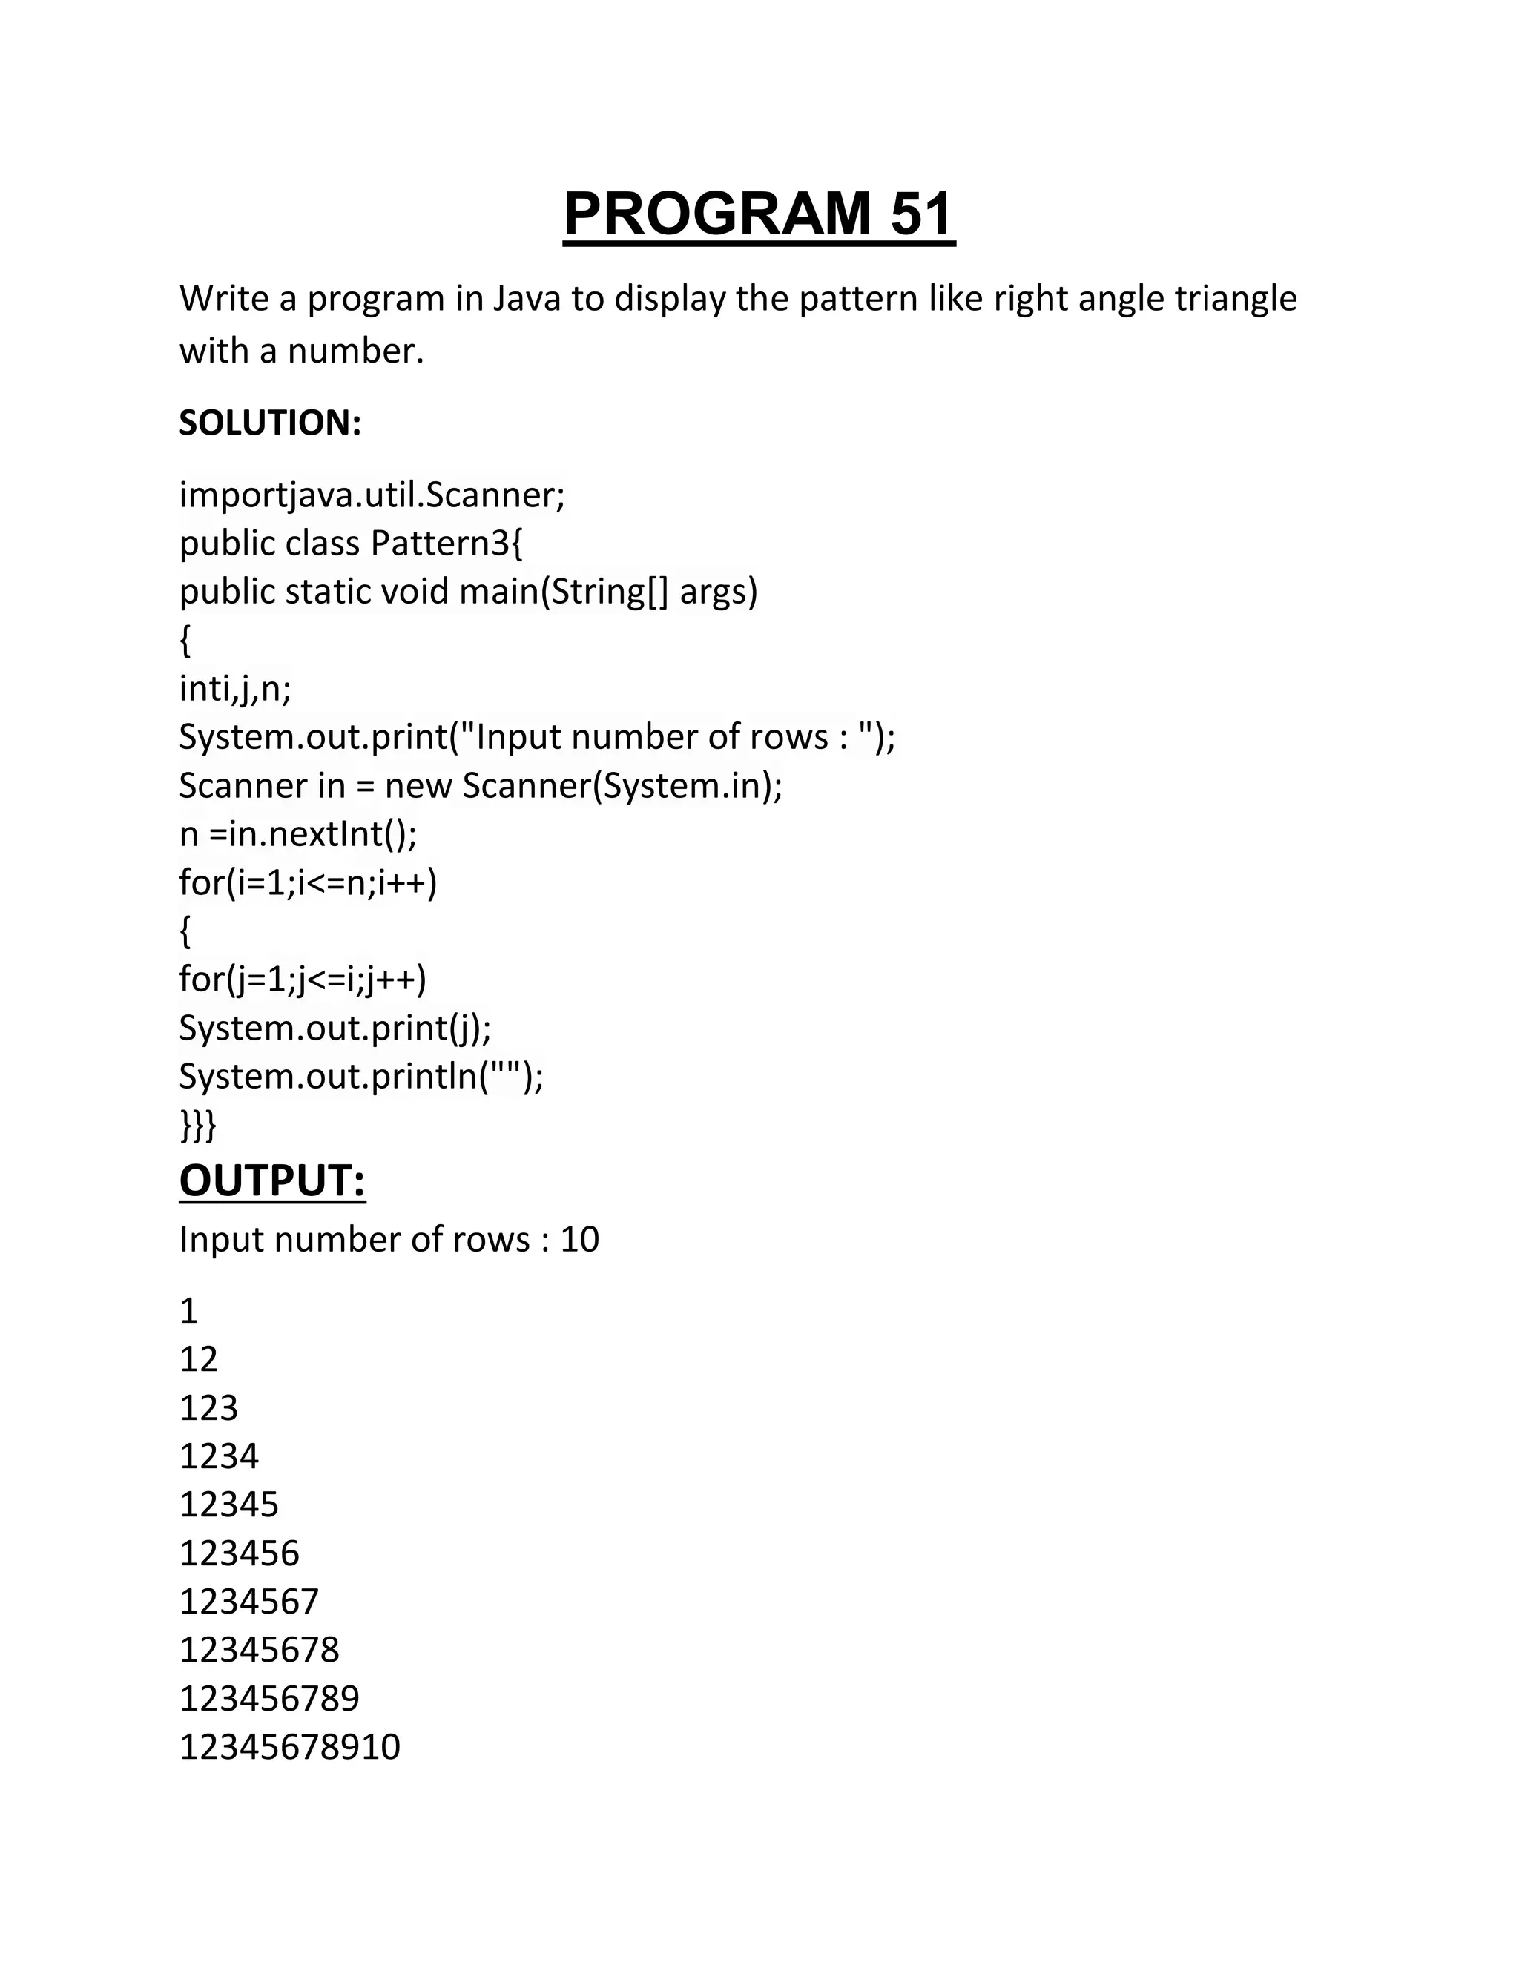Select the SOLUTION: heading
[x=270, y=423]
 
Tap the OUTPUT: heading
[x=271, y=1180]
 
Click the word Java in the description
[x=527, y=299]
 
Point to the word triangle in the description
[x=1236, y=299]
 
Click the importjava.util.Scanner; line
[x=372, y=495]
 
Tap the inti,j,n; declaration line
[x=235, y=689]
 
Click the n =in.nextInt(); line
[x=298, y=834]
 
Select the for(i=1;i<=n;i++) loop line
[x=308, y=882]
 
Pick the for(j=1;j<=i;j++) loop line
[x=303, y=979]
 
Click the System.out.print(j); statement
[x=335, y=1028]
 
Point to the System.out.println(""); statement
[x=361, y=1076]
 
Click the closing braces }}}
[x=197, y=1125]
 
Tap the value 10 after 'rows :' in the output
[x=579, y=1240]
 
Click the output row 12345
[x=229, y=1505]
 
